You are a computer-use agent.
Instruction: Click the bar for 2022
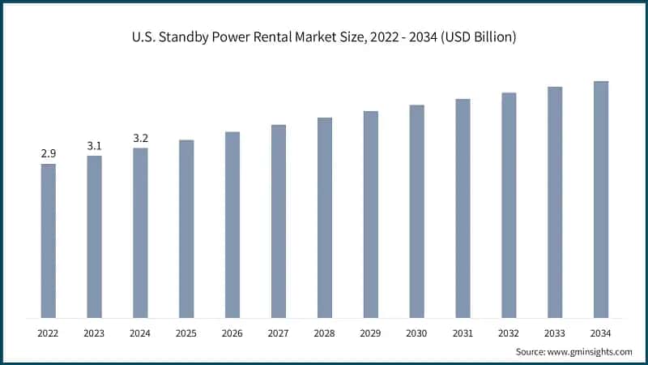tap(49, 241)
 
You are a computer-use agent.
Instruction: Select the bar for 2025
tap(186, 229)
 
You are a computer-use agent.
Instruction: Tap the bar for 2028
tap(324, 217)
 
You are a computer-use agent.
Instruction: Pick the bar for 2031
tap(463, 208)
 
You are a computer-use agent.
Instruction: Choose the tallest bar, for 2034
tap(601, 200)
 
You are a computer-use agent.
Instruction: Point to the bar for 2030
tap(416, 211)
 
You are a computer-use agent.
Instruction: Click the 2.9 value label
tap(49, 153)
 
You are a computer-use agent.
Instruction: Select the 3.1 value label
tap(95, 145)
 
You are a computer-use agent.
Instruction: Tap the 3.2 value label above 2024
tap(141, 138)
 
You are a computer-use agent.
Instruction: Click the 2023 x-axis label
tap(95, 333)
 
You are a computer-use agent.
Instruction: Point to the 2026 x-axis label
tap(232, 333)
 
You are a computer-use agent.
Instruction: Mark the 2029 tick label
tap(370, 333)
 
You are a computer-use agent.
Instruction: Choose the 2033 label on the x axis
tap(555, 333)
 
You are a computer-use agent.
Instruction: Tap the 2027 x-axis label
tap(279, 333)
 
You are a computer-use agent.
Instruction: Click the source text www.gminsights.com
tap(592, 351)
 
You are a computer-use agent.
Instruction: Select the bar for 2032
tap(509, 205)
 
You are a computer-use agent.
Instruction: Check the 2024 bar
tap(141, 233)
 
